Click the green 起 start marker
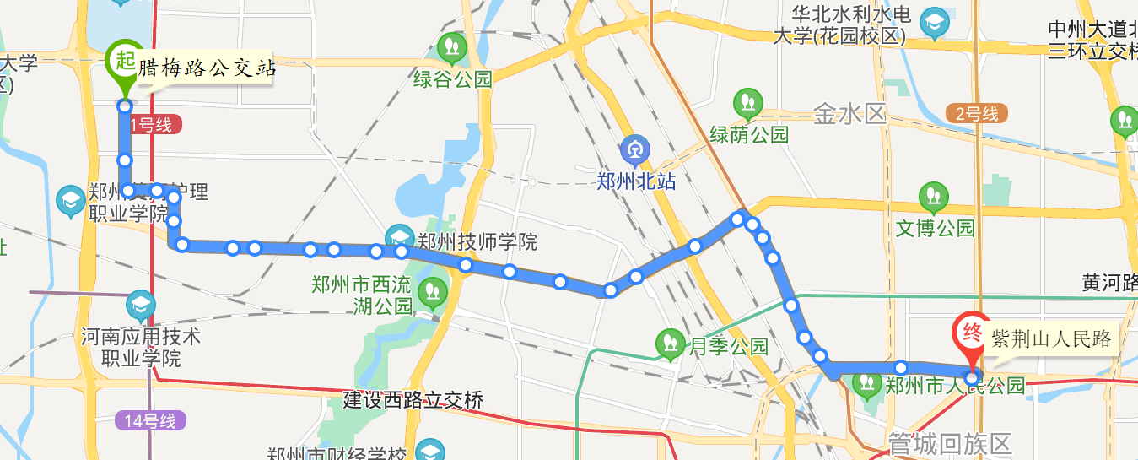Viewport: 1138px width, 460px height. point(125,62)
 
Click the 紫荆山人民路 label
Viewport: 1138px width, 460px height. point(1049,339)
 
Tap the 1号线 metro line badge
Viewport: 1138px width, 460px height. point(151,126)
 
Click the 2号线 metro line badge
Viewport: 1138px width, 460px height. point(977,113)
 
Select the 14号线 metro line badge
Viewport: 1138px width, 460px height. point(150,420)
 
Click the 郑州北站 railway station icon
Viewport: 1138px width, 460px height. point(634,152)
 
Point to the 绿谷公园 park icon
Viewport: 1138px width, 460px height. point(453,47)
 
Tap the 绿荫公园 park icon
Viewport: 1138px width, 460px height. point(747,104)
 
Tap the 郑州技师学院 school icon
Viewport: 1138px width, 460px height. point(399,239)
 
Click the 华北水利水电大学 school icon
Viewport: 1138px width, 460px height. point(934,23)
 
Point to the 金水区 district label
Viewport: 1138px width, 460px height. point(849,114)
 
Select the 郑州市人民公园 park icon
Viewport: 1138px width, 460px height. point(866,383)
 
